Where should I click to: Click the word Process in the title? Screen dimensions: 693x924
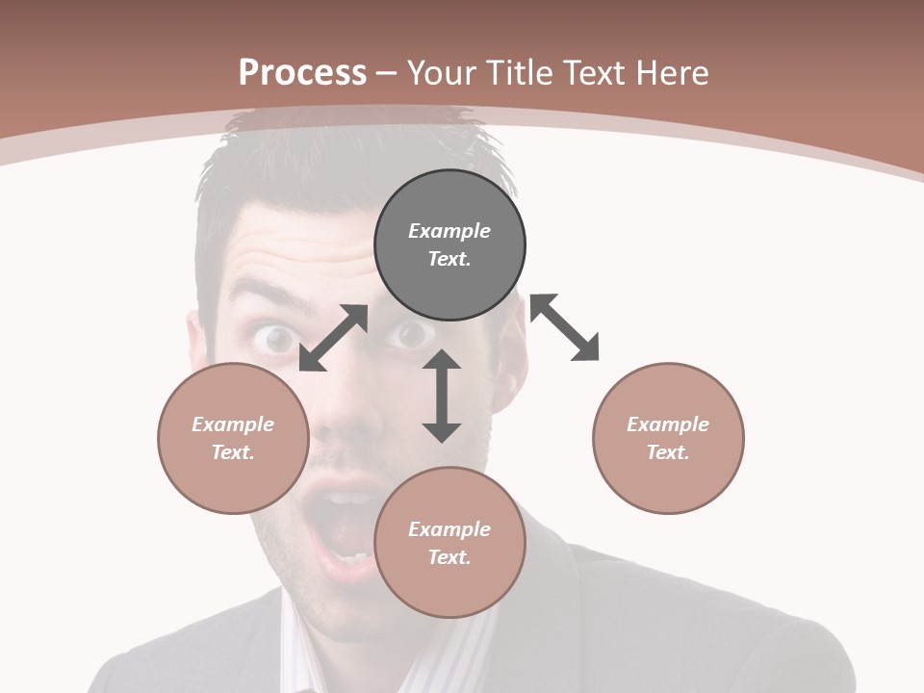click(x=302, y=73)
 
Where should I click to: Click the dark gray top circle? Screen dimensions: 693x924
click(x=449, y=244)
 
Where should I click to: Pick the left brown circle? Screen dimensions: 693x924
click(x=233, y=438)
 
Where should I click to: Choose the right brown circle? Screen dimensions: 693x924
click(x=668, y=438)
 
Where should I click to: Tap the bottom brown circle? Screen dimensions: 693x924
click(x=449, y=543)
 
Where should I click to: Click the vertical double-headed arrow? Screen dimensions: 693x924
click(x=442, y=396)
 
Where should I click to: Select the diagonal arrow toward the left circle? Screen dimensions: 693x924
click(x=333, y=338)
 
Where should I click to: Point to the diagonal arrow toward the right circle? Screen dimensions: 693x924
click(x=564, y=327)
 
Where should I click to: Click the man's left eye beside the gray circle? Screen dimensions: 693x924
click(x=411, y=333)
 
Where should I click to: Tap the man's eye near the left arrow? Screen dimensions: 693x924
click(x=276, y=338)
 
